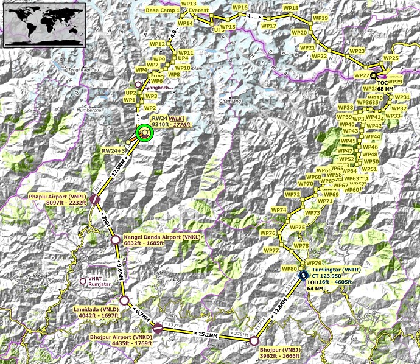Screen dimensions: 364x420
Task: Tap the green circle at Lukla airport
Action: [144, 133]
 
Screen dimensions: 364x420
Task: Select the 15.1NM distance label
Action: [207, 334]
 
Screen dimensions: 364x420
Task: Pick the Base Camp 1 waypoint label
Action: [163, 10]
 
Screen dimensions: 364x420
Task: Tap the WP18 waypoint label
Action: [291, 8]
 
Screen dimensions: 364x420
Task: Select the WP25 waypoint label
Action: [391, 58]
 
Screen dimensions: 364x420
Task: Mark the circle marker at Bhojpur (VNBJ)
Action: [254, 341]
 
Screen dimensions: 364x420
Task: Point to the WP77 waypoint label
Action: [271, 250]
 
